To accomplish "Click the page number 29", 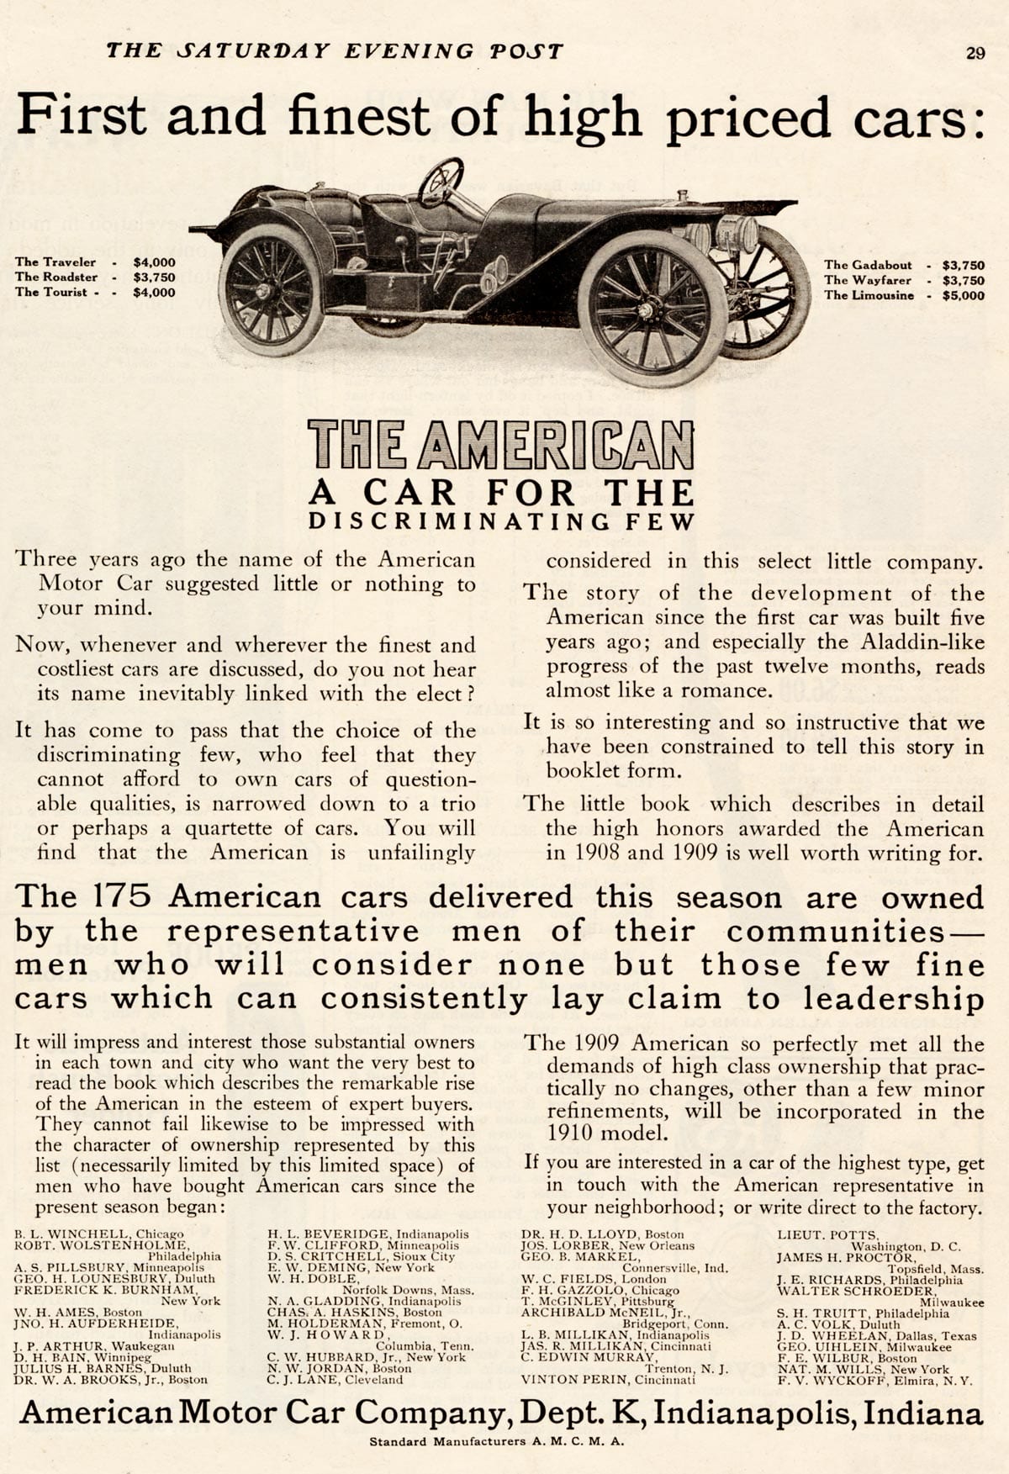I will point(975,52).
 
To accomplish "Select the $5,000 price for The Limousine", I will point(963,295).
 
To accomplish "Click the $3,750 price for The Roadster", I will point(154,277).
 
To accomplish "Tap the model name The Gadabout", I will point(868,265).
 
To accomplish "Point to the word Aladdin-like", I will point(922,642).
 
